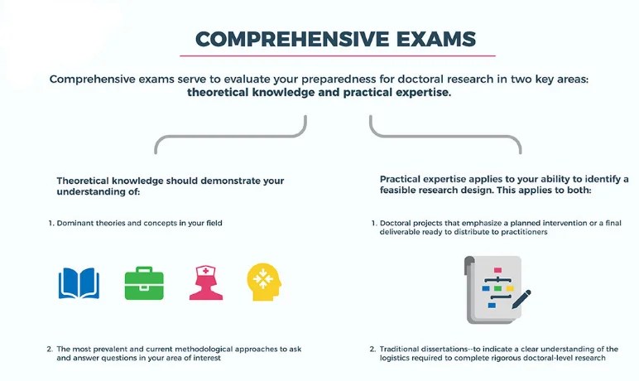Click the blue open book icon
click(x=79, y=282)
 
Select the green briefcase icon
click(x=144, y=282)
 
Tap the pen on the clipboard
click(x=521, y=299)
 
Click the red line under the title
click(x=337, y=55)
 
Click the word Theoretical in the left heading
click(x=89, y=180)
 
